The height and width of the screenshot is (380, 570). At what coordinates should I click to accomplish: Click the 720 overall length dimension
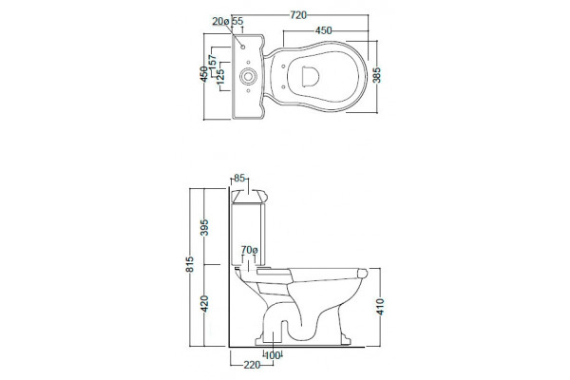[x=298, y=15]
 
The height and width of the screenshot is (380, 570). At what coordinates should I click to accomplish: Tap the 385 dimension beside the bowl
[x=377, y=75]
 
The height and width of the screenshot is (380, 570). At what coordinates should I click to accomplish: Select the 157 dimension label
[x=213, y=61]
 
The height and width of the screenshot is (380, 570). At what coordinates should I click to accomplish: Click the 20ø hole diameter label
[x=221, y=22]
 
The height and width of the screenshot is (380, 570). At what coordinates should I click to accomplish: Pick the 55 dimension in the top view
[x=237, y=21]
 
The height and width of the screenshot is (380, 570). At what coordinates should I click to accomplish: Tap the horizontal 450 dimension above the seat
[x=323, y=31]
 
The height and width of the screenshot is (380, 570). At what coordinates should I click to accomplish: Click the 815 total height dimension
[x=190, y=264]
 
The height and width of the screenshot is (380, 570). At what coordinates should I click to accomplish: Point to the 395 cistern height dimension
[x=204, y=227]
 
